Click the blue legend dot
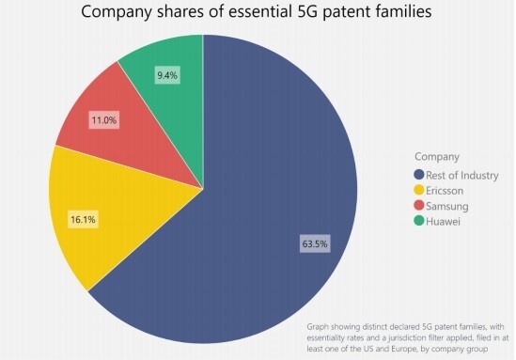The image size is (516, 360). [420, 174]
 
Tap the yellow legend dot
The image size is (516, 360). [420, 190]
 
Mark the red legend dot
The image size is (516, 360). [420, 206]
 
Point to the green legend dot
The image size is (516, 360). [420, 222]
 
